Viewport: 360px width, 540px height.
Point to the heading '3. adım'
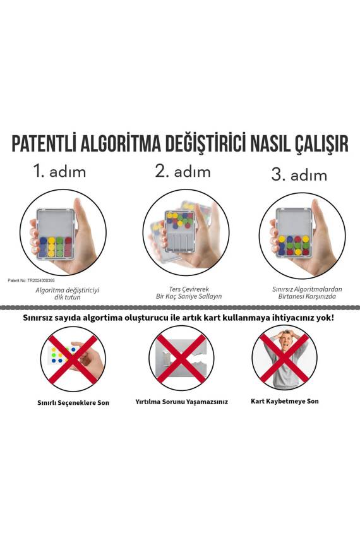coord(299,174)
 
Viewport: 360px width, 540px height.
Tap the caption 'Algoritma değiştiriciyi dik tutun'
coord(68,293)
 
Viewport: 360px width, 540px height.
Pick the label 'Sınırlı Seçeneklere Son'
coord(73,402)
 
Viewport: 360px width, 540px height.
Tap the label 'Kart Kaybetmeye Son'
coord(285,401)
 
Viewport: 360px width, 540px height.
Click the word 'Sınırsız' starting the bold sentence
coord(40,318)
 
